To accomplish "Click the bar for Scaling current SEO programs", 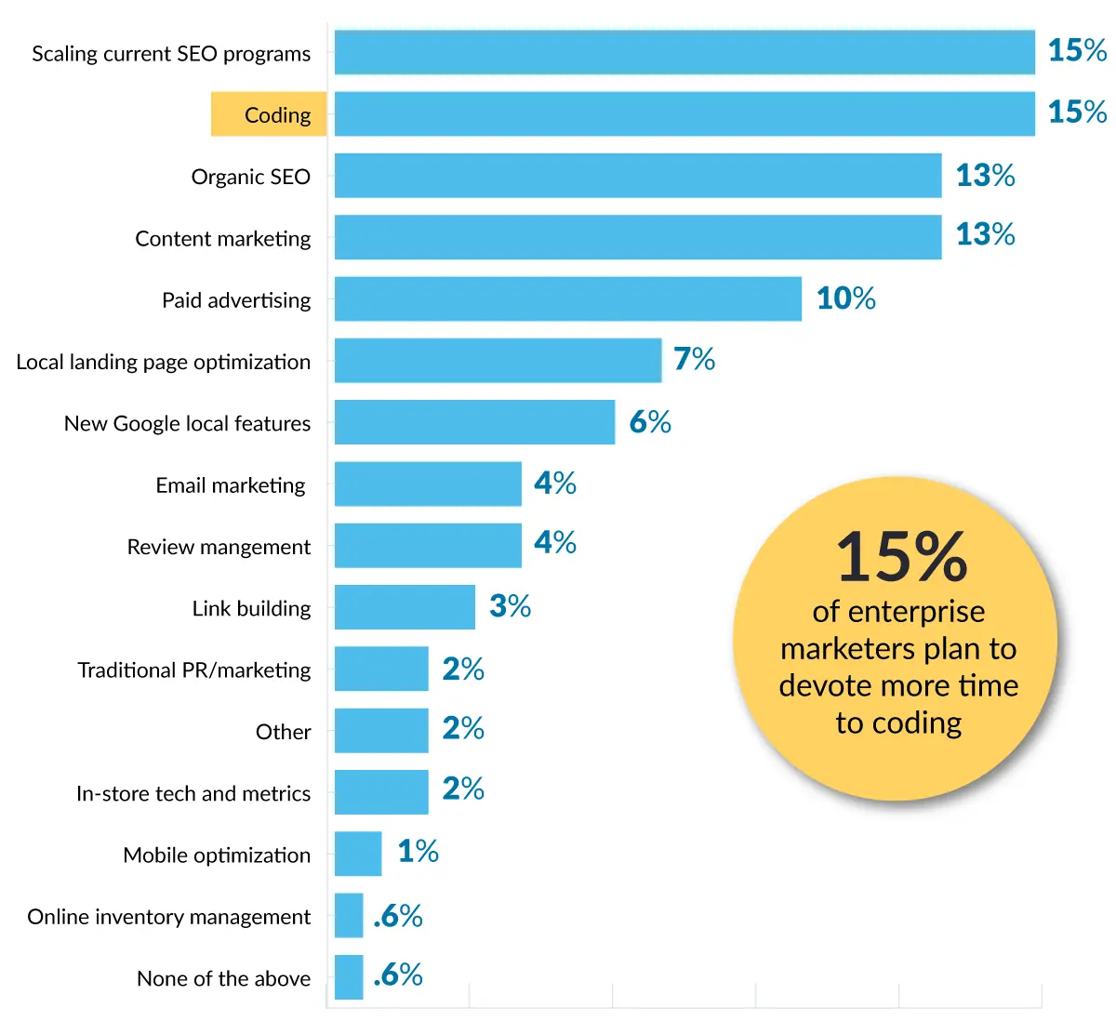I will click(684, 52).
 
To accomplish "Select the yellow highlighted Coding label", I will click(269, 114).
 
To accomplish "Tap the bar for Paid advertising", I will click(567, 298).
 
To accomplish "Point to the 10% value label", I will click(845, 298).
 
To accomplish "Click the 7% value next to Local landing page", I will click(694, 359).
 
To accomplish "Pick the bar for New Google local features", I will click(474, 422).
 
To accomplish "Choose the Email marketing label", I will click(230, 485).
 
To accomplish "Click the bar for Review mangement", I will click(428, 546).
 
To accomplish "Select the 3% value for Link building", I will click(510, 606).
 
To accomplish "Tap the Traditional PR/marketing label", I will click(193, 670).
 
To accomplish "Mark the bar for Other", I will click(381, 731).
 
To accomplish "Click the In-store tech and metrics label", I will click(193, 794).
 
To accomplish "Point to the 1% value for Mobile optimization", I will click(418, 851).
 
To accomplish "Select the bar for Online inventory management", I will click(349, 916).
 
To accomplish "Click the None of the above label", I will click(223, 979).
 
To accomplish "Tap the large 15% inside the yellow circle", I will click(901, 558).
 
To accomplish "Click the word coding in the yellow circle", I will click(916, 723).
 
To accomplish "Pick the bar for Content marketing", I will click(638, 237).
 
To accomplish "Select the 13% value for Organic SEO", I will click(985, 175).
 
